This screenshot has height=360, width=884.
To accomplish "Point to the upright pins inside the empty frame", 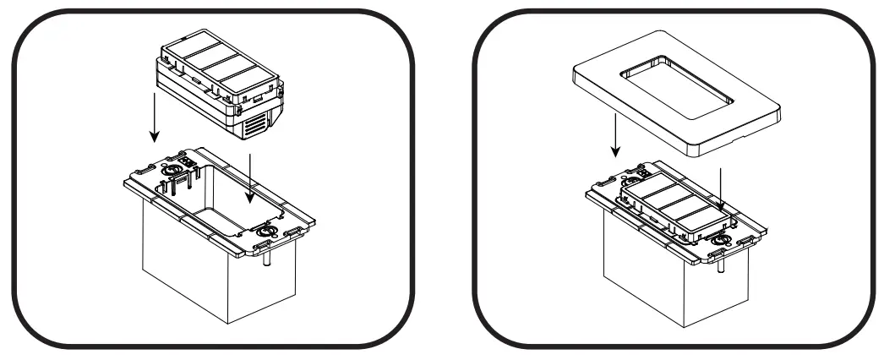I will [x=174, y=188].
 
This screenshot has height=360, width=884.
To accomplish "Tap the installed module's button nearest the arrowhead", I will [x=698, y=215].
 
